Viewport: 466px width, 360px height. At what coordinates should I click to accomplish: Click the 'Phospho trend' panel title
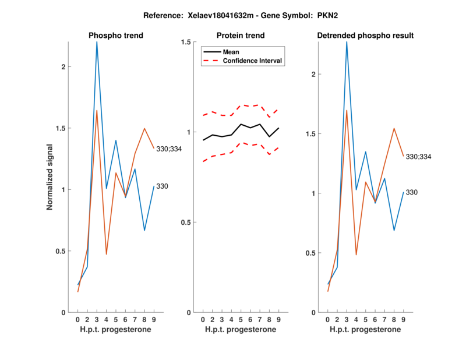(115, 36)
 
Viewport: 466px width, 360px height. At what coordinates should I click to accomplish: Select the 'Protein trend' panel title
(240, 36)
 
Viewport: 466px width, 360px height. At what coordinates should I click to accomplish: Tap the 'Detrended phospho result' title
(365, 36)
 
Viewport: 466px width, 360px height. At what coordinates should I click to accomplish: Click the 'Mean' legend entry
(231, 52)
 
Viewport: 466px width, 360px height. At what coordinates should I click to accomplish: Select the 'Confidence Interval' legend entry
(253, 60)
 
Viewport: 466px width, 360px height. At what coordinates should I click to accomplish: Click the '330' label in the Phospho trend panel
(163, 186)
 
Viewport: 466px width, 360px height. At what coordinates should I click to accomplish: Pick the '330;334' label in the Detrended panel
(419, 157)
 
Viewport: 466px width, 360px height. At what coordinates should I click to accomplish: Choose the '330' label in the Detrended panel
(412, 192)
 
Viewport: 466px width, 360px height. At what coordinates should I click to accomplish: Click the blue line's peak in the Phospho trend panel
(97, 42)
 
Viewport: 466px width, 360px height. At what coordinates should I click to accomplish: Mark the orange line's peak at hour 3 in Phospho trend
(97, 110)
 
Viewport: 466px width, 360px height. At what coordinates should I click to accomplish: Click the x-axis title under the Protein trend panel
(240, 330)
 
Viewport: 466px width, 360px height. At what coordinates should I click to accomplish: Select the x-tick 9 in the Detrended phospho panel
(403, 320)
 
